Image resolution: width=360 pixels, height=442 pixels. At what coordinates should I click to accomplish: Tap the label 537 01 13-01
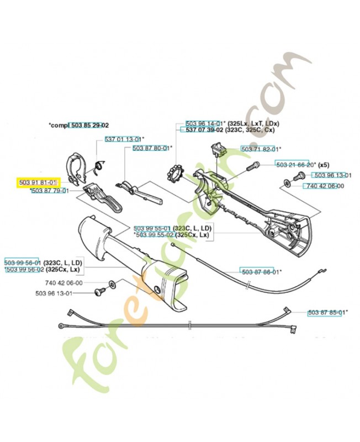coord(123,139)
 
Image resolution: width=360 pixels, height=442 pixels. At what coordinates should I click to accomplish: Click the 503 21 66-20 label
coord(294,165)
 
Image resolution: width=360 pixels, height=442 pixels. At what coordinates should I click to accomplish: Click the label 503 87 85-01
coord(326,312)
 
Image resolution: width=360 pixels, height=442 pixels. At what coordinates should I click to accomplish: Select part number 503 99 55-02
coord(154,234)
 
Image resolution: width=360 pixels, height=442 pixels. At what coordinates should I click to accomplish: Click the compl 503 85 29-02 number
coord(88,125)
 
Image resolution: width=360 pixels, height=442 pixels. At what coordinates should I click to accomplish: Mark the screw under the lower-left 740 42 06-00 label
coord(100,290)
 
